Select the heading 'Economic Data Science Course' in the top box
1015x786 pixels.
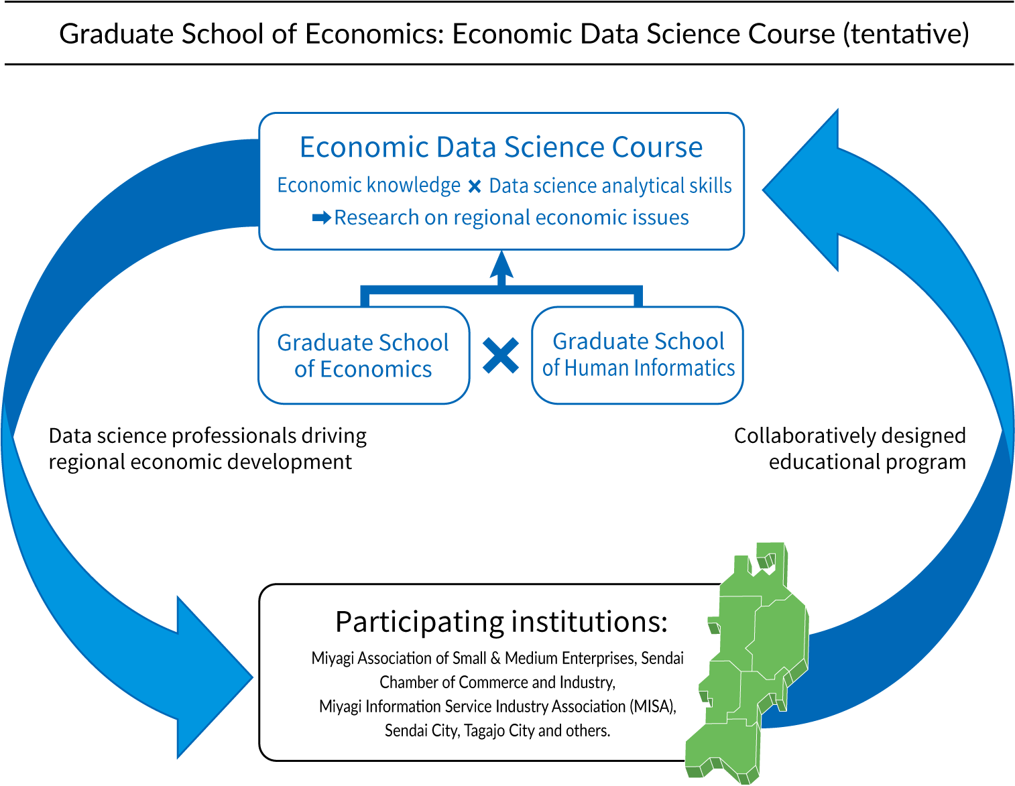tap(501, 147)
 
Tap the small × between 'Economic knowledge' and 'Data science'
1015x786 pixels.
tap(475, 187)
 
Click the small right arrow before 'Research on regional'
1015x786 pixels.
tap(321, 218)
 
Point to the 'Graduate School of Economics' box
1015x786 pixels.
tap(363, 355)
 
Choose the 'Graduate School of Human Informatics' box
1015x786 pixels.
tap(638, 355)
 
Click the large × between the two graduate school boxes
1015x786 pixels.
tap(501, 356)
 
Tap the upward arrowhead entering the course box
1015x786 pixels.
tap(501, 264)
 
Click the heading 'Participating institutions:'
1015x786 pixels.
tap(501, 623)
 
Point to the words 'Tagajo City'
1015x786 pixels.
tap(500, 730)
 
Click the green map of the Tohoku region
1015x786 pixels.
tap(748, 663)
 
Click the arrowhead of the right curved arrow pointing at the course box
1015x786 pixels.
tap(800, 190)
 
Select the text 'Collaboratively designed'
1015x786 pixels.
tap(849, 436)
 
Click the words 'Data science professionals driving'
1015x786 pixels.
tap(208, 436)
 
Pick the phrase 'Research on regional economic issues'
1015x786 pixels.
tap(512, 218)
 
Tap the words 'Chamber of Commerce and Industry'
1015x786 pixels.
tap(497, 682)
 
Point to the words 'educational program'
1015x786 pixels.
tap(868, 462)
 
